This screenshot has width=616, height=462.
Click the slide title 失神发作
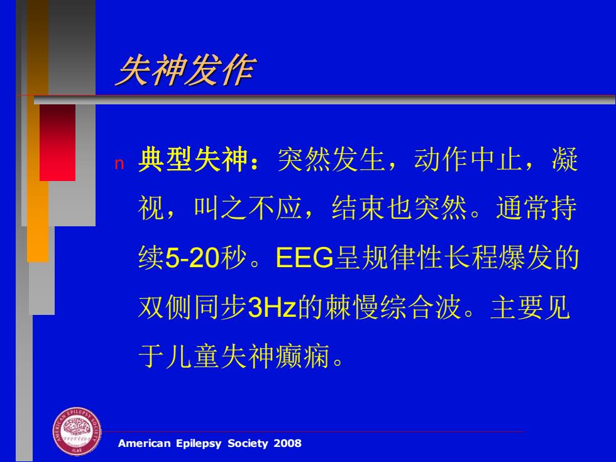point(185,70)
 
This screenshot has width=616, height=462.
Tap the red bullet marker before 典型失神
point(119,164)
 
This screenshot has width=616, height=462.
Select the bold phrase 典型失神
point(192,160)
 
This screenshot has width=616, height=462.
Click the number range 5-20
point(192,258)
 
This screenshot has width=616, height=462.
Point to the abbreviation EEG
point(304,258)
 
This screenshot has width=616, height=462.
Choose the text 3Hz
point(272,307)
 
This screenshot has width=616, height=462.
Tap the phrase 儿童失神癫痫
point(248,356)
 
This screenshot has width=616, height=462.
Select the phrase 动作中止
point(468,160)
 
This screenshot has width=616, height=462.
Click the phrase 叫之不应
point(248,208)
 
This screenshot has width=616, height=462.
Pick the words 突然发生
point(331,160)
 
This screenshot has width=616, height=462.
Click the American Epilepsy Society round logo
point(77,431)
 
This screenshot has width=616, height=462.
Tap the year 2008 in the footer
point(288,444)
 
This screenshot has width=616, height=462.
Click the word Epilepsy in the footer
point(199,444)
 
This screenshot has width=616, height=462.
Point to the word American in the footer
point(144,444)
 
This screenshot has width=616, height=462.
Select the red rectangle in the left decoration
point(57,143)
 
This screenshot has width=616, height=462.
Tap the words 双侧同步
point(192,307)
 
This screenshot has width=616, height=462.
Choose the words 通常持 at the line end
point(537,208)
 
